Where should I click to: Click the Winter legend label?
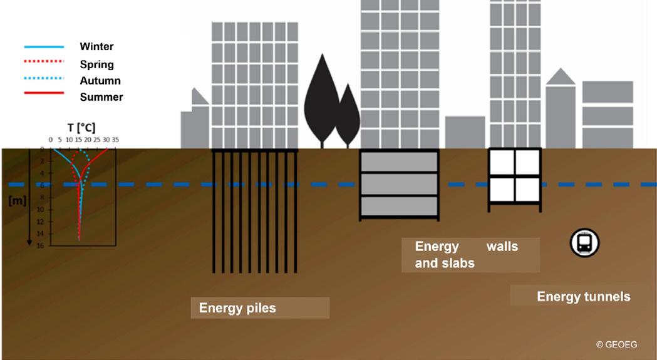point(96,46)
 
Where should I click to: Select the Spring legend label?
point(96,64)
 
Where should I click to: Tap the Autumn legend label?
point(100,81)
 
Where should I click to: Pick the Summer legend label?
point(101,97)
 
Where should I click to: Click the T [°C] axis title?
point(81,128)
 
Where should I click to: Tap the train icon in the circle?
point(584,242)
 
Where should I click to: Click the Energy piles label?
point(237,308)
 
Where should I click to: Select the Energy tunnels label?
point(584,296)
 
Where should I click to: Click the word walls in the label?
point(502,246)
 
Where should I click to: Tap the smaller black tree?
point(348,116)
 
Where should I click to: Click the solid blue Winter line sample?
point(44,47)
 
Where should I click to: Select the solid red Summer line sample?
point(44,93)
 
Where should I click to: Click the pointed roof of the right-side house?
point(561,76)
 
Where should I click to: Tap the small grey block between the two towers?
point(465,131)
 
